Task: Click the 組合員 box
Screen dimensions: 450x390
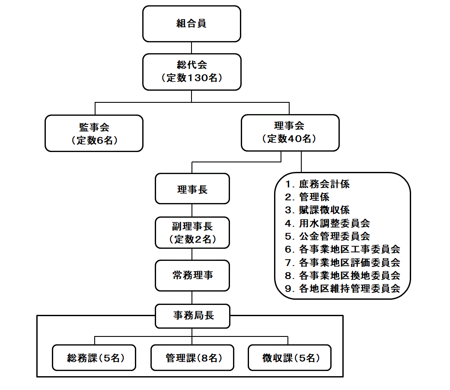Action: coord(191,24)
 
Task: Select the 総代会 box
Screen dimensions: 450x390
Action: coord(191,72)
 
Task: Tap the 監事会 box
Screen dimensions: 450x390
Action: coord(94,133)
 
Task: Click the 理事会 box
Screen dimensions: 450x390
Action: coord(290,133)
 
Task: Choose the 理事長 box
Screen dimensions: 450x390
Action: coord(192,189)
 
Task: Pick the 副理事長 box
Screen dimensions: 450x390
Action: coord(192,232)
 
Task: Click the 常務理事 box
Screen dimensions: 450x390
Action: coord(192,276)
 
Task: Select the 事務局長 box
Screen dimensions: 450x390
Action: coord(192,316)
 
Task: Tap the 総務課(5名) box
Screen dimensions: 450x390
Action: coord(94,358)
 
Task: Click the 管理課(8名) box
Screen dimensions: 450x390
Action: coord(192,358)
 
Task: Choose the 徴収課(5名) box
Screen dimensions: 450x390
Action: coord(290,358)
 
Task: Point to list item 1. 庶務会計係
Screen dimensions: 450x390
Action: coord(317,184)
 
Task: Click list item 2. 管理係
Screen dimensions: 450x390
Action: coord(307,197)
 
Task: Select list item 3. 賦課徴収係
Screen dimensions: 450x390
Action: coord(317,210)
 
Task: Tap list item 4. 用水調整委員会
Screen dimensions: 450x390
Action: coord(328,223)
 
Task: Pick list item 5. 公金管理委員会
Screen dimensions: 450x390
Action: coord(328,236)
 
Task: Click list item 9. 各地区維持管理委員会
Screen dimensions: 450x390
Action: coord(343,289)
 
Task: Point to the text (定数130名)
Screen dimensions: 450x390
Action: coord(191,78)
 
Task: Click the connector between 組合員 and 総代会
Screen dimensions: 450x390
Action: coord(191,48)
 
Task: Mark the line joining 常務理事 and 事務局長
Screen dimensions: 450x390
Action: coord(192,298)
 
